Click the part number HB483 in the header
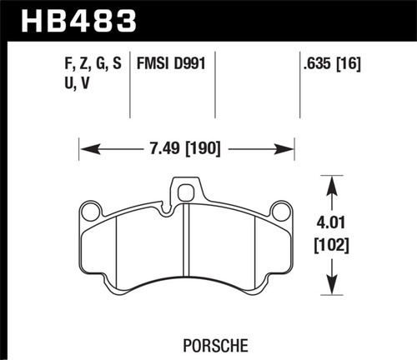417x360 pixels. (x=78, y=21)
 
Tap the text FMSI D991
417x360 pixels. (x=171, y=63)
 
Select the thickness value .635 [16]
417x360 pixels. (x=332, y=63)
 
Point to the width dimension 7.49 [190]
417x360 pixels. (x=185, y=148)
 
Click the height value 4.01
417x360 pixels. (x=331, y=222)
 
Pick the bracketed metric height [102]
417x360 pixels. (x=331, y=245)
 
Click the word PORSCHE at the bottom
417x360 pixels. (x=215, y=346)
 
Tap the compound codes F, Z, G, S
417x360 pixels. (x=93, y=63)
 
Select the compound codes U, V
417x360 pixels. (x=77, y=82)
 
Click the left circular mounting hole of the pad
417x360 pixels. (x=91, y=212)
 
